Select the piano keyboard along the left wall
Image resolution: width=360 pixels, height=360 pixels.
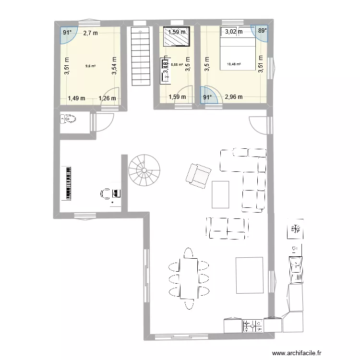coord(68,183)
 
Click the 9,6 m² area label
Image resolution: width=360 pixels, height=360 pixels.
coord(90,66)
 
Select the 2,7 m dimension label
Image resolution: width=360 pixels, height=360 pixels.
coord(90,33)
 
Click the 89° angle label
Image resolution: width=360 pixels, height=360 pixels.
coord(262,31)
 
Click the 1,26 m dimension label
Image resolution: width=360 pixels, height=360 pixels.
coord(108,99)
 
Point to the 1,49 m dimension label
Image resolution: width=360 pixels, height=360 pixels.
coord(76,98)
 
